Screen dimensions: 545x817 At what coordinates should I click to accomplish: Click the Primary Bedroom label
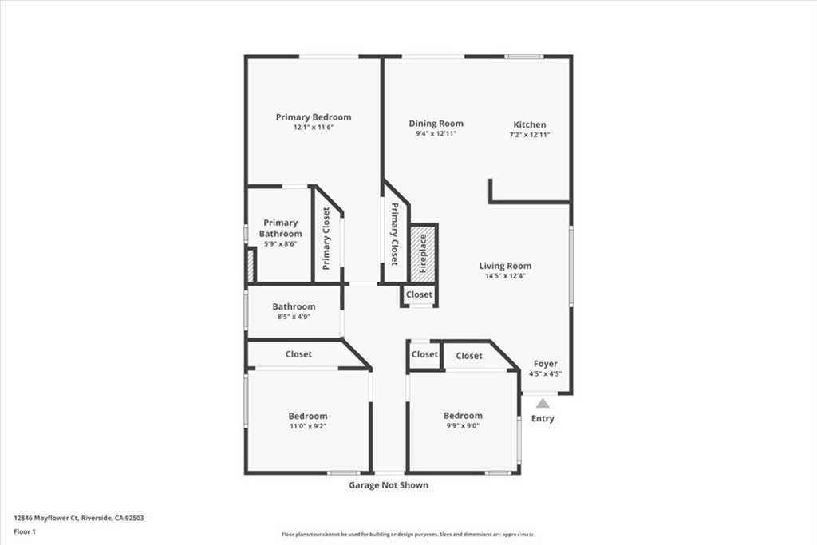click(313, 117)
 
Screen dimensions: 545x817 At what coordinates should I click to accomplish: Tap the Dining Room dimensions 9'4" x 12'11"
click(436, 134)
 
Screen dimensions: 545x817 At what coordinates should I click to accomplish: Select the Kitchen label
click(530, 124)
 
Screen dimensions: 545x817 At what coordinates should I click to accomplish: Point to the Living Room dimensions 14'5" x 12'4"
click(505, 276)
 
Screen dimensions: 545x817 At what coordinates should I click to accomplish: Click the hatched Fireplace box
click(423, 253)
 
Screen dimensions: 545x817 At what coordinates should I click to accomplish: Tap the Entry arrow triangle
click(543, 403)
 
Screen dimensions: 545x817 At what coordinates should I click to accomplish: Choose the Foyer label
click(546, 364)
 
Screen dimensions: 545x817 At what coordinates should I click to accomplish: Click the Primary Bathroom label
click(281, 228)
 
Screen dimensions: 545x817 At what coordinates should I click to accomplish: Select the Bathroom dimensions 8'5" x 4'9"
click(294, 317)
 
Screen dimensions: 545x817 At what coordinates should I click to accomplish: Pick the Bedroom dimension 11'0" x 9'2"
click(308, 426)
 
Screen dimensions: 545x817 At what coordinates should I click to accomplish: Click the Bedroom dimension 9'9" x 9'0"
click(463, 425)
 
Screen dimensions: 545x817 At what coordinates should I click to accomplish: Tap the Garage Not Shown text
click(389, 485)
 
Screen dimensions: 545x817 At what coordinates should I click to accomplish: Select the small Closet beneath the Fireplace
click(419, 294)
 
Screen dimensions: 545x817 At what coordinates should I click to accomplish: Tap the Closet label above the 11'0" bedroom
click(299, 354)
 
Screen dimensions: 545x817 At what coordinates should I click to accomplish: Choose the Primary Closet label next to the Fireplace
click(394, 234)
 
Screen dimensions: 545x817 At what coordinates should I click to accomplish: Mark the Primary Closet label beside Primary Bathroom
click(326, 238)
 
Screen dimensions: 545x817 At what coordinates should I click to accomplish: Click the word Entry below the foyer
click(543, 419)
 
